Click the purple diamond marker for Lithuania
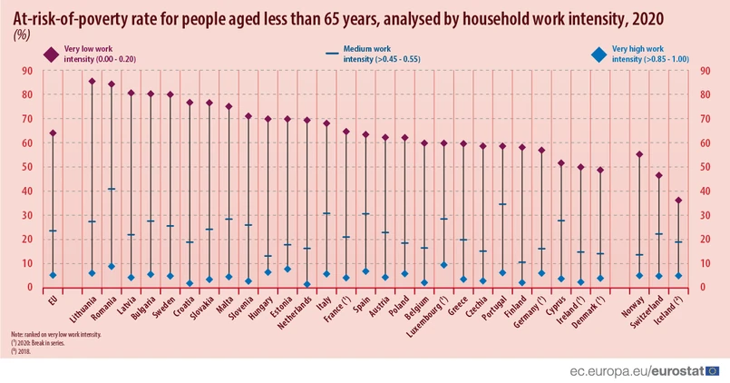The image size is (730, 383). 92,82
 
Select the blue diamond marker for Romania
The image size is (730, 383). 112,266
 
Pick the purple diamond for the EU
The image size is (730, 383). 53,133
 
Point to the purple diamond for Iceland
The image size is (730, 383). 678,201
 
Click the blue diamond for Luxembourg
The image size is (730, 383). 443,265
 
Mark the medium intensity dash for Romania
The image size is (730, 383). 112,189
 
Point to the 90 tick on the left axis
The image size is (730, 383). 27,70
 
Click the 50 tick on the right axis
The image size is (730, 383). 705,167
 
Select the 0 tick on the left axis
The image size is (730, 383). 30,288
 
